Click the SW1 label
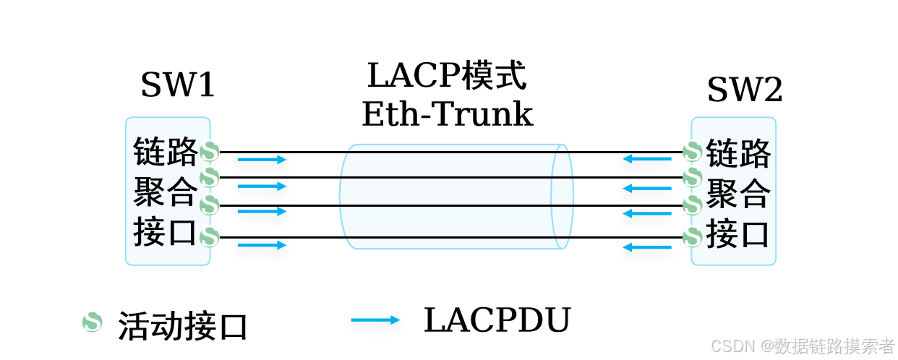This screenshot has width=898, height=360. (178, 86)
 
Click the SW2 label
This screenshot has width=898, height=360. (744, 91)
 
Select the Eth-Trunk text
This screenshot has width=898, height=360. (447, 114)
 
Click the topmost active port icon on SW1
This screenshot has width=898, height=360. (210, 152)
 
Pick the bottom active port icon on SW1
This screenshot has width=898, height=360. (210, 236)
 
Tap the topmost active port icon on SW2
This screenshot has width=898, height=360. (692, 152)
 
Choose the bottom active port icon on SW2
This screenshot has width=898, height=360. (692, 236)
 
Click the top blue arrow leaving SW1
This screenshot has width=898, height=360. (262, 160)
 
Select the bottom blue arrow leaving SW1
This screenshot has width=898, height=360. (262, 245)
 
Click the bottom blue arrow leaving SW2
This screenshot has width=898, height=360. (647, 247)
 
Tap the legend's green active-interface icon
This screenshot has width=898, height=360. (92, 322)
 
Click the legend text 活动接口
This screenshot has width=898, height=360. (183, 327)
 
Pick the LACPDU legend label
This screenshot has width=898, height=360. (497, 320)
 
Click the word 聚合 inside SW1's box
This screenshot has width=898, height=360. (166, 192)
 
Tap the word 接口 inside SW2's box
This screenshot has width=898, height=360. (737, 234)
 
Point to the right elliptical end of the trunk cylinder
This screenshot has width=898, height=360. (562, 197)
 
